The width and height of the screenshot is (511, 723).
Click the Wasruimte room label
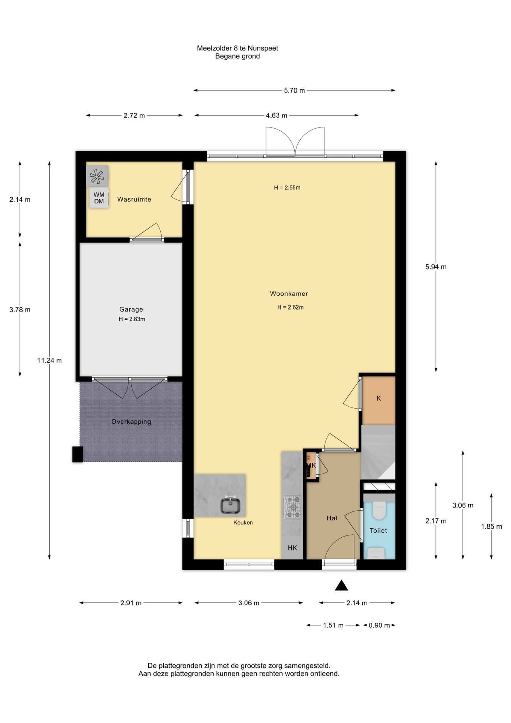[x=134, y=199]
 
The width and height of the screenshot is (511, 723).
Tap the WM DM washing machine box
[x=99, y=198]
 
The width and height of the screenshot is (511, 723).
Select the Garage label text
[x=131, y=310]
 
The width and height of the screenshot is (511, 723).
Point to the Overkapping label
[x=131, y=422]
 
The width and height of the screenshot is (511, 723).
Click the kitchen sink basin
[x=230, y=506]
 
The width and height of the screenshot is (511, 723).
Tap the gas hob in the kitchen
[x=292, y=507]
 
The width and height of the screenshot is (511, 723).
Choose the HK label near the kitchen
[x=292, y=548]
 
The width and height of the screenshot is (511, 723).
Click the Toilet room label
[x=378, y=531]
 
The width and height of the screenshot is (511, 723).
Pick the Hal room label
[x=332, y=518]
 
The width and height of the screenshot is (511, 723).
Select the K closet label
[x=379, y=398]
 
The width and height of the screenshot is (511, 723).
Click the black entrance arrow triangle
[x=341, y=585]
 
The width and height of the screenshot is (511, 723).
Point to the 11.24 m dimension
[x=49, y=360]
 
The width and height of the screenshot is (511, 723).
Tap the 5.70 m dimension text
[x=294, y=90]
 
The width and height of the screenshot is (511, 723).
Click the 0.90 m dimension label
[x=379, y=625]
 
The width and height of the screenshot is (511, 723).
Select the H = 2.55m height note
[x=287, y=188]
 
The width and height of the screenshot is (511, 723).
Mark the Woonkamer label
[x=289, y=294]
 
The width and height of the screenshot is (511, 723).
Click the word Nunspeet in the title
[x=263, y=48]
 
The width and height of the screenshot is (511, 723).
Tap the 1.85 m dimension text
[x=491, y=527]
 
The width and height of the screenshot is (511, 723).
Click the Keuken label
[x=243, y=523]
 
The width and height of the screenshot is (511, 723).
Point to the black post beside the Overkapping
[x=78, y=454]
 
